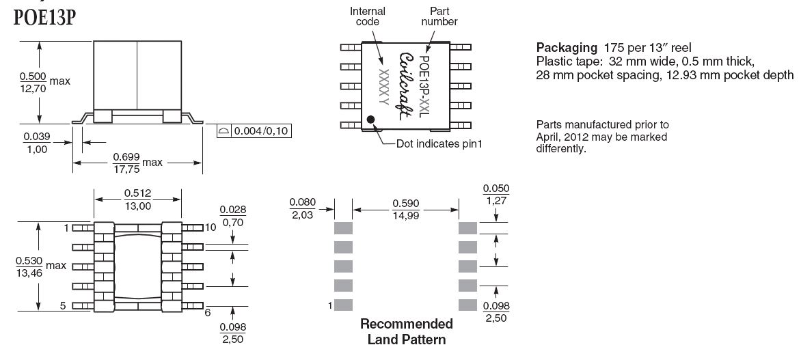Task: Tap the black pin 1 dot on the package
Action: [x=371, y=120]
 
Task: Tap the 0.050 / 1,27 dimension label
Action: [x=495, y=194]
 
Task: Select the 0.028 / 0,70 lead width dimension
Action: [x=233, y=216]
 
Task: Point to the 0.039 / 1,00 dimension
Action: [x=36, y=143]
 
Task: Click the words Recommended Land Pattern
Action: [x=406, y=331]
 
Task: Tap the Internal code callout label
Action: [x=368, y=16]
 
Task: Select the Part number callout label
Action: [x=439, y=16]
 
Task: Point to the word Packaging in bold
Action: [x=567, y=48]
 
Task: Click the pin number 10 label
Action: [x=210, y=227]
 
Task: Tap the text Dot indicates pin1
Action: [x=444, y=144]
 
